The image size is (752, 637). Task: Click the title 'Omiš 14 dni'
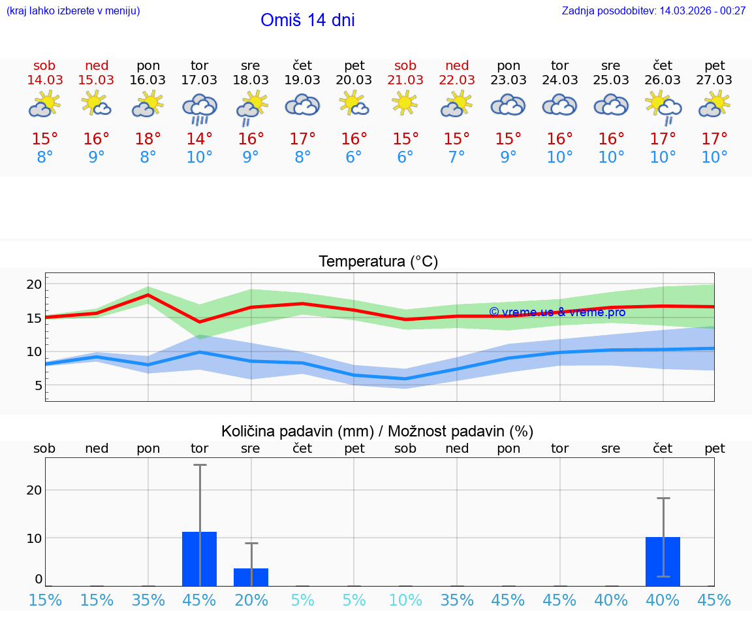[307, 20]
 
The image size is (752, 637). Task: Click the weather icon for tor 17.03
[200, 108]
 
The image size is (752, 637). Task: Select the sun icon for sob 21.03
[405, 102]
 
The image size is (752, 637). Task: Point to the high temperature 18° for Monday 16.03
[148, 139]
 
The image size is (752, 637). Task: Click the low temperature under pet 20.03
[354, 157]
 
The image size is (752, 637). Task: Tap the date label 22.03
[457, 80]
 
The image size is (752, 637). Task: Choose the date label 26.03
[663, 80]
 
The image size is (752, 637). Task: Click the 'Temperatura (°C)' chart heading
[378, 262]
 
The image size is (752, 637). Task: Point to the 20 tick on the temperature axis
[34, 284]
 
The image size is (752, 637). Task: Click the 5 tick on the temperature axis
[38, 385]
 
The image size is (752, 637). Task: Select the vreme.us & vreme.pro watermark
[557, 312]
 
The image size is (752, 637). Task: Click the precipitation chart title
[377, 431]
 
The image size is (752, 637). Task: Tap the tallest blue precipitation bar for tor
[200, 559]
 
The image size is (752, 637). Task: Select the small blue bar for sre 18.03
[251, 577]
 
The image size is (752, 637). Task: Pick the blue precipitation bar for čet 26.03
[663, 561]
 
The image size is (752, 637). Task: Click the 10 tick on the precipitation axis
[34, 538]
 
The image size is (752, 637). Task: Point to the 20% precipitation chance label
[251, 600]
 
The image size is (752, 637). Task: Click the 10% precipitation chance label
[405, 600]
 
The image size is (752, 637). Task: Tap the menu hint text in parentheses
[73, 10]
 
